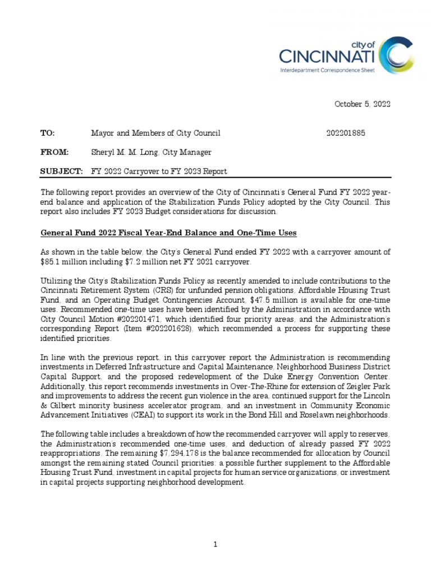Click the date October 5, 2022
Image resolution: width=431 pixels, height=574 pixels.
pos(363,104)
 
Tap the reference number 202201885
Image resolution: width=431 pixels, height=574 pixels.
pos(346,133)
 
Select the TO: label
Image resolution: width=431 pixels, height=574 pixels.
pos(47,133)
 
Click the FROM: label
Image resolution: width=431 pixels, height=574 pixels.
pos(54,152)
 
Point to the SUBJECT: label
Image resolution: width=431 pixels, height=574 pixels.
pos(61,171)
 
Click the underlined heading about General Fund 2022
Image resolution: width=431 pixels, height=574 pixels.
pos(168,233)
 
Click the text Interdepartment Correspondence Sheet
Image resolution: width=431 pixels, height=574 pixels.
pos(328,71)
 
